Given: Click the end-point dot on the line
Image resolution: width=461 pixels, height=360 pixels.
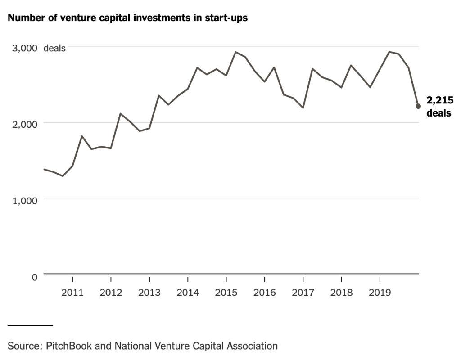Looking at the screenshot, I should (418, 106).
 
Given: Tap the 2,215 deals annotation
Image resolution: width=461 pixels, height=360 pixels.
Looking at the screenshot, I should (439, 107).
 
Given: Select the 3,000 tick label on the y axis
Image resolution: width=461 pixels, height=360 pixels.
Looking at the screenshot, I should (23, 48).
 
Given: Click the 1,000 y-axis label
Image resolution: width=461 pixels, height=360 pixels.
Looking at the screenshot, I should (23, 200).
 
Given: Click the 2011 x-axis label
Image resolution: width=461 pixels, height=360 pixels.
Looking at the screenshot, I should (72, 293).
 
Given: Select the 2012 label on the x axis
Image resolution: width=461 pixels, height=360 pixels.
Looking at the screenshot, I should (111, 293).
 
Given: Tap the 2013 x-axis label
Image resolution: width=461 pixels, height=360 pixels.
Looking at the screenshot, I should (149, 293).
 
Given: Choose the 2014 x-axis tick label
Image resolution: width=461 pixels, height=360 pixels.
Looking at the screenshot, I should (188, 293).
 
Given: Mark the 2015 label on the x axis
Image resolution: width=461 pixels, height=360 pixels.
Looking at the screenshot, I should (226, 293).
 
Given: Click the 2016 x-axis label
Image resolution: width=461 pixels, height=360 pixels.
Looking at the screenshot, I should (265, 293).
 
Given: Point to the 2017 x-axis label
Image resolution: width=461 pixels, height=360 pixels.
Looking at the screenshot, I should (303, 293).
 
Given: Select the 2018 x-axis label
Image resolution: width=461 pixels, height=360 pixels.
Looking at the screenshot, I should (341, 293).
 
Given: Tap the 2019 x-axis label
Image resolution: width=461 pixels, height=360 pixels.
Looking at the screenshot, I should (380, 293).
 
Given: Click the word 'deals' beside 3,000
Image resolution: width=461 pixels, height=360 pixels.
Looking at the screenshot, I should (54, 48).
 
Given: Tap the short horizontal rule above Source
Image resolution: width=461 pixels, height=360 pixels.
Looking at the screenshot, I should (30, 325).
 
